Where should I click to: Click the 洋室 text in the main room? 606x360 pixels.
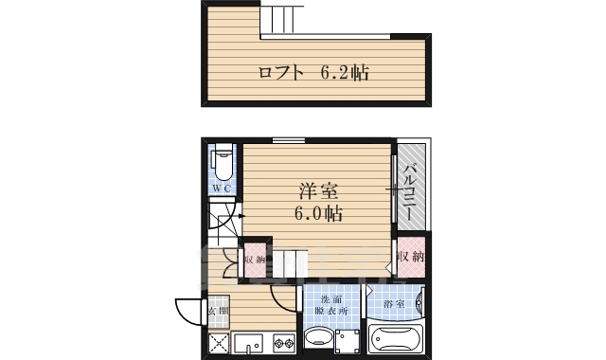tap(317, 189)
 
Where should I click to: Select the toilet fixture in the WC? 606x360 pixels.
tap(223, 164)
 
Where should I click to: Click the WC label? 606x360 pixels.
tap(222, 189)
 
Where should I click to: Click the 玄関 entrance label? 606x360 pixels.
tap(219, 310)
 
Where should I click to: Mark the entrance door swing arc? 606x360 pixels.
tap(186, 309)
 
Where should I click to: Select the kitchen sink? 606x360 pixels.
tap(249, 342)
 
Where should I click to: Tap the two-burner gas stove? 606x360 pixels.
tap(283, 342)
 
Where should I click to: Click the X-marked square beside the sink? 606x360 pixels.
tap(219, 342)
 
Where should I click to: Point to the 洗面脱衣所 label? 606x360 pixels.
tap(331, 305)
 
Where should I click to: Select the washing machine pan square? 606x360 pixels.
tap(348, 340)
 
